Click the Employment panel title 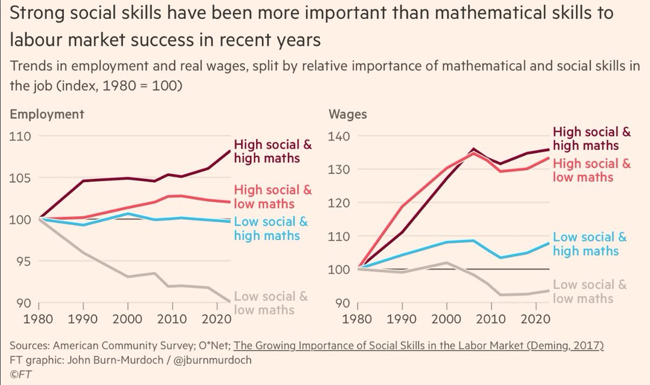[x=47, y=114]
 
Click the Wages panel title [x=348, y=114]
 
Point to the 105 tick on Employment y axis [x=20, y=178]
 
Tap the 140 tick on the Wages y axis [x=339, y=136]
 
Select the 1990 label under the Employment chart [x=83, y=319]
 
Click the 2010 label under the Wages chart [x=491, y=319]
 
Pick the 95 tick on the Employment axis [x=23, y=262]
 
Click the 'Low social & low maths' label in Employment [x=271, y=303]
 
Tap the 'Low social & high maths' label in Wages [x=590, y=244]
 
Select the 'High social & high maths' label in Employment [x=273, y=151]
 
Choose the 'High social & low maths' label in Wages [x=591, y=170]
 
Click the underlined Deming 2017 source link [x=418, y=346]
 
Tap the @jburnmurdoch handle [x=212, y=360]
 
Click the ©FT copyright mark [x=21, y=374]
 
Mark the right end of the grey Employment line [x=230, y=302]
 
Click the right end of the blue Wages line [x=548, y=243]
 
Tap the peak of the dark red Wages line [x=473, y=149]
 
